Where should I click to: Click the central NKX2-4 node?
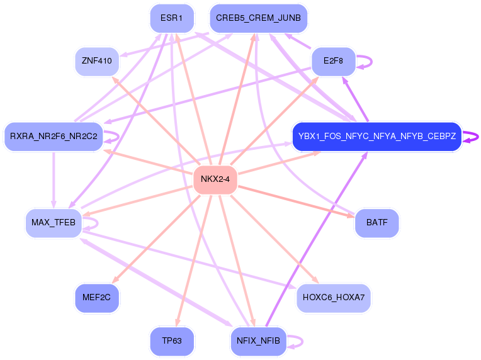tap(215, 179)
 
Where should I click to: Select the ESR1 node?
tap(171, 18)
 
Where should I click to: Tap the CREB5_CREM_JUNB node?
tap(258, 18)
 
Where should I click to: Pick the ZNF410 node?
tap(96, 61)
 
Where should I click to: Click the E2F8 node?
tap(334, 61)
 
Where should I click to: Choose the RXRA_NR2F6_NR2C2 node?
tap(53, 136)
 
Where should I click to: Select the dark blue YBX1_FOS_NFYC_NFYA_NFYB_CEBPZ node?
tap(376, 136)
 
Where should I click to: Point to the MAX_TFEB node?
tap(54, 222)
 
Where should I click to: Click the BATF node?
tap(376, 222)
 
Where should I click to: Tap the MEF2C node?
tap(96, 297)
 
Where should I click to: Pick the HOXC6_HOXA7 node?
tap(333, 297)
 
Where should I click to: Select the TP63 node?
tap(171, 340)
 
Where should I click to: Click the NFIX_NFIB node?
tap(258, 340)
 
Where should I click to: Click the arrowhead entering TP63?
tap(179, 322)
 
